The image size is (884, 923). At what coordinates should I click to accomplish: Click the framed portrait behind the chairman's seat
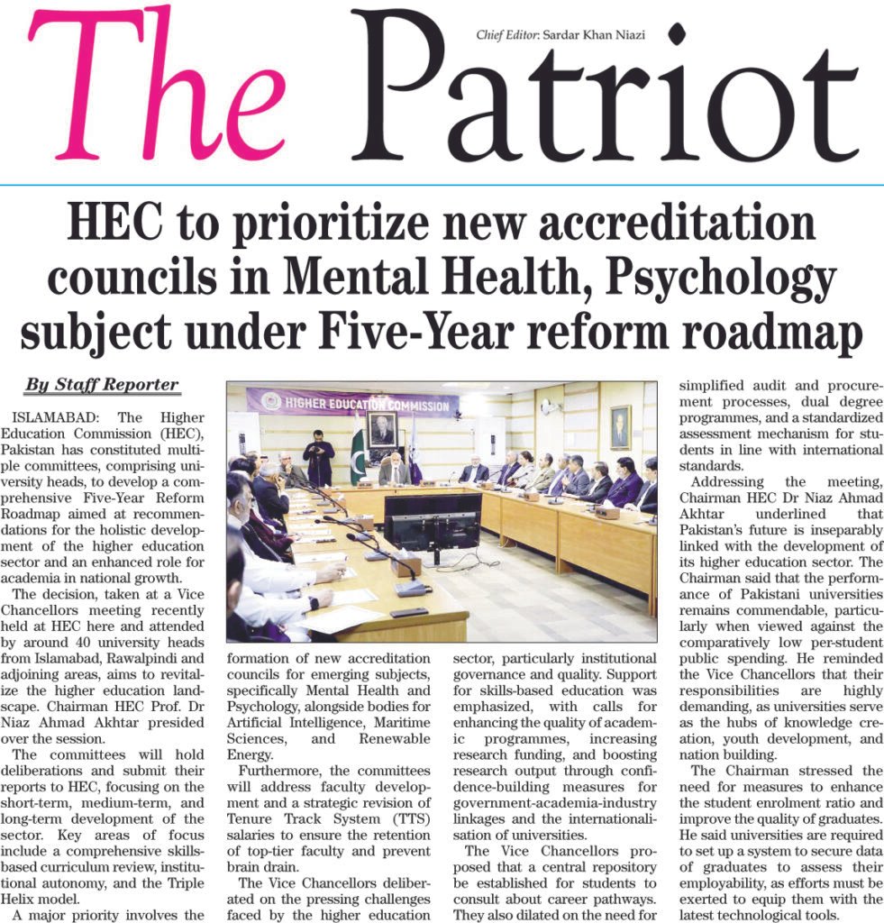pyautogui.click(x=383, y=431)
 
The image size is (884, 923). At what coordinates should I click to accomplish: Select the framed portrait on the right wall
pyautogui.click(x=619, y=426)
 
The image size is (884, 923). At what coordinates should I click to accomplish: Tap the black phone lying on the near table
pyautogui.click(x=408, y=612)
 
